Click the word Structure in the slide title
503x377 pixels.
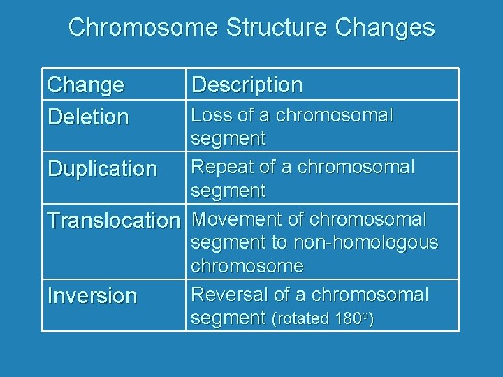pyautogui.click(x=277, y=28)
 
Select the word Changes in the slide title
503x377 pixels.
pyautogui.click(x=385, y=28)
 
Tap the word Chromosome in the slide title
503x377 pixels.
pyautogui.click(x=143, y=28)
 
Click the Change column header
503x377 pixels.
pyautogui.click(x=85, y=85)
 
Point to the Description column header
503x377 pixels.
pyautogui.click(x=247, y=85)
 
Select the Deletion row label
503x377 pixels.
pyautogui.click(x=88, y=117)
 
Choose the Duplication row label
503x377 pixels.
pyautogui.click(x=102, y=168)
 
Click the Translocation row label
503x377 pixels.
pyautogui.click(x=113, y=221)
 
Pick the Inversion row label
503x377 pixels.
pyautogui.click(x=92, y=295)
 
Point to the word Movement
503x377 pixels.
pyautogui.click(x=237, y=219)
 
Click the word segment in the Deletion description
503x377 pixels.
pyautogui.click(x=228, y=138)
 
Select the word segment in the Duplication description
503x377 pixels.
pyautogui.click(x=228, y=191)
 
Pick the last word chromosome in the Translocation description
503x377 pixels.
pyautogui.click(x=247, y=266)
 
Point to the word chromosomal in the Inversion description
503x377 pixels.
pyautogui.click(x=370, y=295)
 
